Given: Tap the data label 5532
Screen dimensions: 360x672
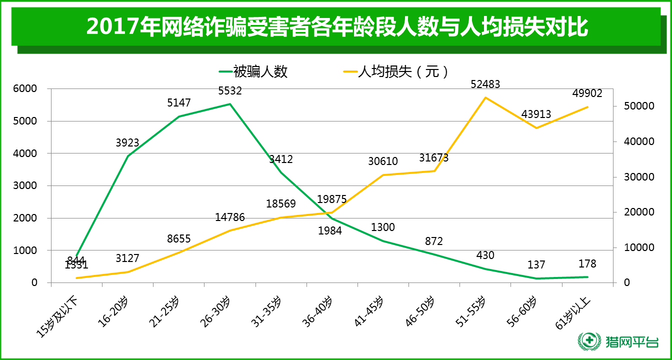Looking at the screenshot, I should pos(230,91).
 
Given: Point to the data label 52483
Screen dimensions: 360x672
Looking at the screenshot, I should pos(485,84).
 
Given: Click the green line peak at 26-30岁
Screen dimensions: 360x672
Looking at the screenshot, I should pos(230,104).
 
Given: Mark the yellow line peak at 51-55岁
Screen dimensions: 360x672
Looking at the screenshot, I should pos(485,97).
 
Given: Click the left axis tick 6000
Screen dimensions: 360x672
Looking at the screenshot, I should pos(27,88).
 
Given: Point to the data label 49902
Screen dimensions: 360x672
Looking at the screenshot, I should pos(587,93).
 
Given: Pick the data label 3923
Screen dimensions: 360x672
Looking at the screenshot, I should pos(127,143).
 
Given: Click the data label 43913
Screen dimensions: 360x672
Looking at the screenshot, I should pos(536,114).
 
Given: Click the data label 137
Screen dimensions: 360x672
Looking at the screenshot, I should pos(536,265).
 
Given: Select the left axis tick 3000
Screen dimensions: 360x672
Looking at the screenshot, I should pos(27,185).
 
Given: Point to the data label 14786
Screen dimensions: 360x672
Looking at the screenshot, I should pos(230,217).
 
